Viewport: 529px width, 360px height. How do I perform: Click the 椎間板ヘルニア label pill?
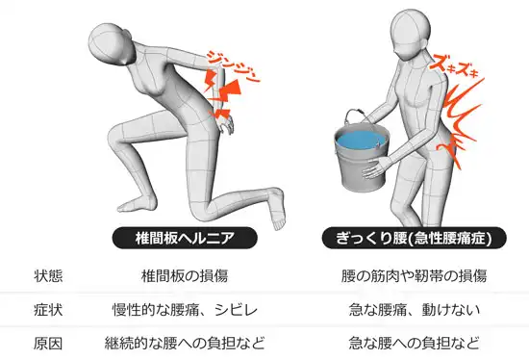point(185,238)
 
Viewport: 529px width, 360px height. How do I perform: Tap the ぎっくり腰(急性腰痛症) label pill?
point(414,238)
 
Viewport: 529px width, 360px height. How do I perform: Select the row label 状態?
point(48,276)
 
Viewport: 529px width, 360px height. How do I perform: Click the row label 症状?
point(48,310)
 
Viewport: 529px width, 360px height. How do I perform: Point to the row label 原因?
point(48,344)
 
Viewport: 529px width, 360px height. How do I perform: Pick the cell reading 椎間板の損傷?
point(185,276)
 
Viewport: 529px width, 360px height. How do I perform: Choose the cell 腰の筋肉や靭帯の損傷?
point(414,276)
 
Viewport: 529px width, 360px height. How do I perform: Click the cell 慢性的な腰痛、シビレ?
point(185,310)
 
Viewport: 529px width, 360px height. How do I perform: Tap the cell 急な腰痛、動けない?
point(414,310)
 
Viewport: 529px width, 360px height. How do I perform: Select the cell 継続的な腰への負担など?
point(185,344)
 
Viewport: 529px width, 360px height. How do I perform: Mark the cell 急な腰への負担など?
point(414,344)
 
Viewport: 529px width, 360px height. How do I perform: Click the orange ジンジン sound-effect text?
point(233,66)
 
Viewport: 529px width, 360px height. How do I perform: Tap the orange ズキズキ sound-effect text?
point(454,66)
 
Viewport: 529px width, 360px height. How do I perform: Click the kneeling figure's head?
point(110,43)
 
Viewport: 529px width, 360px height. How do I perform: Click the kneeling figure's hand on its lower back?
point(225,123)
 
